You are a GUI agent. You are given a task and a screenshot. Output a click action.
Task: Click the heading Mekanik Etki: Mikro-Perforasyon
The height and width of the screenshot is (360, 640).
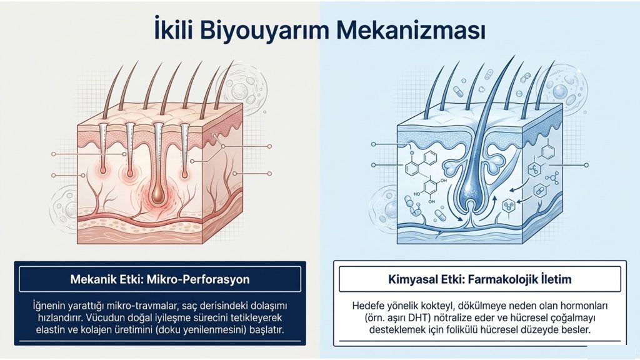pyautogui.click(x=160, y=279)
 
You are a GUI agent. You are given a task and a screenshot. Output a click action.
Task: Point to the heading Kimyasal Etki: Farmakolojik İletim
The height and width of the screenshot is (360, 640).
pyautogui.click(x=480, y=279)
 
